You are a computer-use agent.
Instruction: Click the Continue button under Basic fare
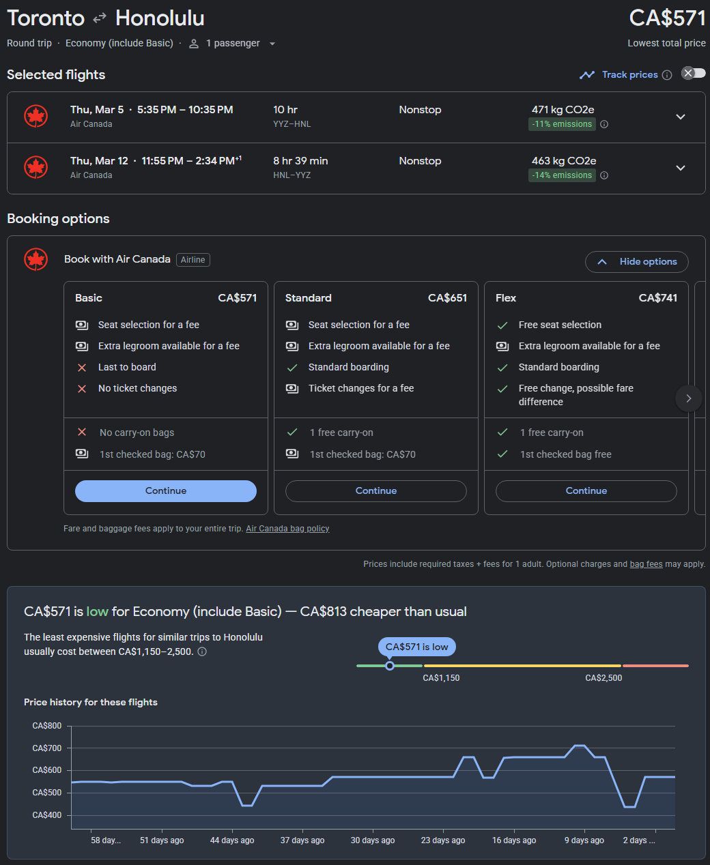pyautogui.click(x=166, y=490)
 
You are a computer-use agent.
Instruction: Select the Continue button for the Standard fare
pyautogui.click(x=375, y=490)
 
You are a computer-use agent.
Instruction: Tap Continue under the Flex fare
pyautogui.click(x=586, y=490)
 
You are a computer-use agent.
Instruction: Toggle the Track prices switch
pyautogui.click(x=694, y=73)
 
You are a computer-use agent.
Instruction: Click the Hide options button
pyautogui.click(x=636, y=261)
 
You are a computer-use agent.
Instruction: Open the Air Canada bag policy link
pyautogui.click(x=287, y=529)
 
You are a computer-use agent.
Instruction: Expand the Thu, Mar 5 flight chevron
pyautogui.click(x=680, y=117)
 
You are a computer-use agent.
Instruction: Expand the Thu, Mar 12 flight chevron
pyautogui.click(x=680, y=168)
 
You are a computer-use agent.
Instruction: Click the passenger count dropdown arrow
pyautogui.click(x=272, y=44)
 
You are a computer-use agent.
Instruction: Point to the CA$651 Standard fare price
pyautogui.click(x=447, y=298)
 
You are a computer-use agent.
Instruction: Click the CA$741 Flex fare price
pyautogui.click(x=657, y=298)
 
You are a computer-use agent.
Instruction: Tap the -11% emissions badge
pyautogui.click(x=563, y=124)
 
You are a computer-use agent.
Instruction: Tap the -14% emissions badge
pyautogui.click(x=563, y=175)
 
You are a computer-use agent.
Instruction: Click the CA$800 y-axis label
pyautogui.click(x=47, y=726)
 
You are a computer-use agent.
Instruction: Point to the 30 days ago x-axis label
pyautogui.click(x=373, y=840)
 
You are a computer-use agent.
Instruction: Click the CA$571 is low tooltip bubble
pyautogui.click(x=416, y=647)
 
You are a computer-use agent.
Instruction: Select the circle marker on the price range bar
pyautogui.click(x=390, y=666)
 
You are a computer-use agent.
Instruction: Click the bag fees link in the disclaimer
pyautogui.click(x=646, y=564)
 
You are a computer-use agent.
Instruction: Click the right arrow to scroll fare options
pyautogui.click(x=688, y=398)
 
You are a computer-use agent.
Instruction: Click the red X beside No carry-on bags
pyautogui.click(x=82, y=432)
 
